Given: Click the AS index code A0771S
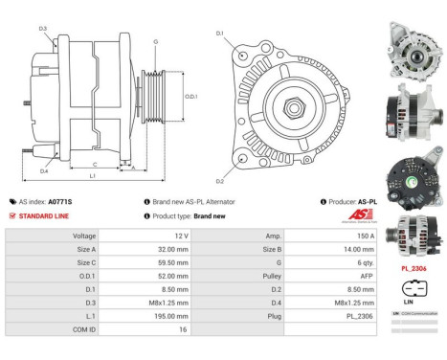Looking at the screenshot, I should click(x=60, y=202).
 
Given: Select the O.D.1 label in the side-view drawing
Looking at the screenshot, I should click(x=191, y=96).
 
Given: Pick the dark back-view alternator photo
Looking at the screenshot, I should click(x=412, y=166).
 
